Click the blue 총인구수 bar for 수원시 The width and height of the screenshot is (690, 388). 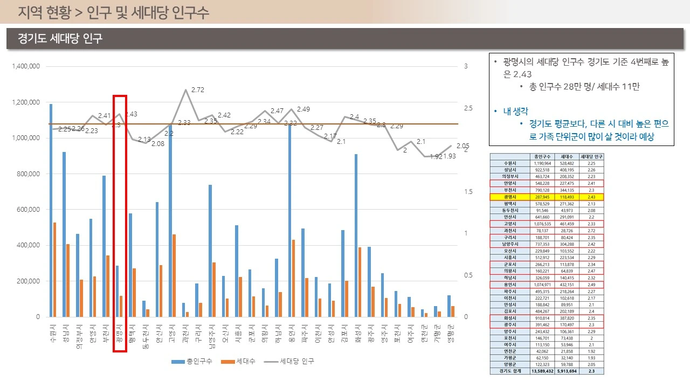51,210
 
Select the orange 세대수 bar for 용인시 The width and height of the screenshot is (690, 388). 294,278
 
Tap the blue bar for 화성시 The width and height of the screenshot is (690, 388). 356,235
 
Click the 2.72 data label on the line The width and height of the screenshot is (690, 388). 197,89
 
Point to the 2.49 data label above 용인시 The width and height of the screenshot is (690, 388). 303,109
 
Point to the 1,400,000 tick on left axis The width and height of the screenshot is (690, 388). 26,67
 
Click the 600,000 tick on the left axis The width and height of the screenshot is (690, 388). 29,210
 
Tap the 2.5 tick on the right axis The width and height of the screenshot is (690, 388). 467,108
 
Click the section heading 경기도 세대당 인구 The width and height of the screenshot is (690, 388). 60,39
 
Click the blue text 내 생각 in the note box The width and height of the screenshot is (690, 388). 517,112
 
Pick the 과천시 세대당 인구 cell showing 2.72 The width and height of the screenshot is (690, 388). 591,230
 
